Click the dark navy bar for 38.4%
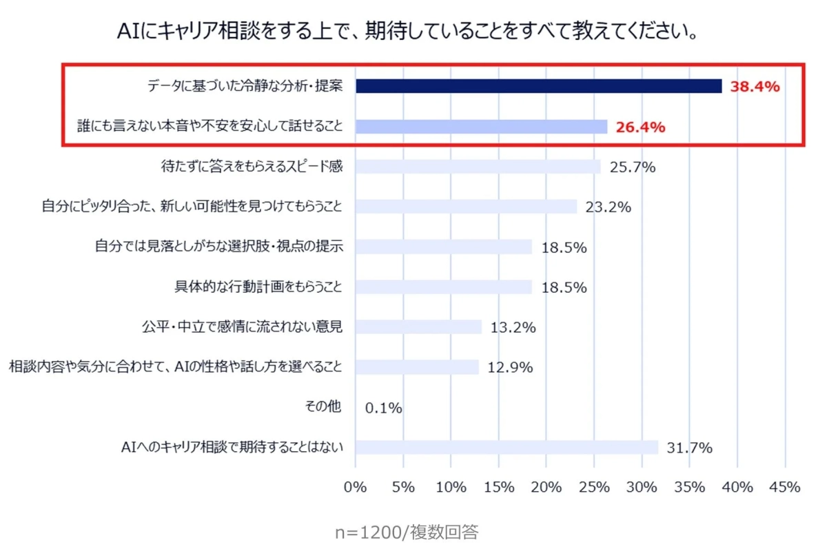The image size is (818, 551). [x=538, y=86]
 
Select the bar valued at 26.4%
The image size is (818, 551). [x=481, y=127]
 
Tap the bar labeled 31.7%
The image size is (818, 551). [x=507, y=448]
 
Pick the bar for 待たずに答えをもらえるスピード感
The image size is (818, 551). [x=478, y=167]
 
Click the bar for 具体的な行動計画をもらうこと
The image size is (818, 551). [x=444, y=287]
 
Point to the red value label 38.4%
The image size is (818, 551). [x=755, y=87]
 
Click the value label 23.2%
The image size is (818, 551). [x=608, y=207]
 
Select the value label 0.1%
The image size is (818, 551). [x=383, y=408]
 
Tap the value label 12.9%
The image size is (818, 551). [x=510, y=368]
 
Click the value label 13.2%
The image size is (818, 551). [x=513, y=328]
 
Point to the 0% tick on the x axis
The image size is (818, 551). [x=355, y=487]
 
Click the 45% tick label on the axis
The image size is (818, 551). [x=784, y=487]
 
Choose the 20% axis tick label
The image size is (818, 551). [x=546, y=487]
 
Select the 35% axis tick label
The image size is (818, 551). [x=688, y=487]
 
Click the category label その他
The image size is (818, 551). [x=323, y=407]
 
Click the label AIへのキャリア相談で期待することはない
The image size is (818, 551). [x=232, y=448]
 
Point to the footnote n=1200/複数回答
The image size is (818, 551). [x=407, y=532]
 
